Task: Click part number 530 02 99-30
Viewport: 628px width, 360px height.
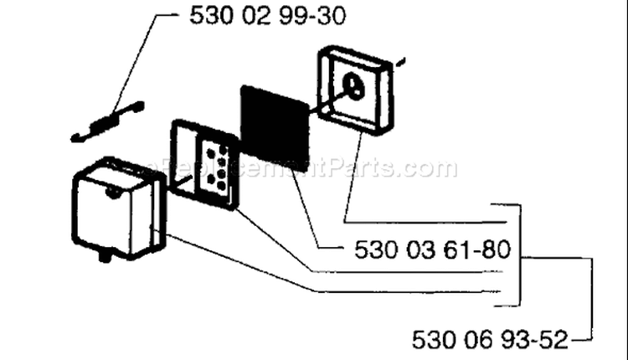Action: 267,17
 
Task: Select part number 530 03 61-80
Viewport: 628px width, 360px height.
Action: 433,249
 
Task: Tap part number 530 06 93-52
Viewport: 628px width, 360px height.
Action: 490,340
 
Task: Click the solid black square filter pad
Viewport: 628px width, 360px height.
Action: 275,127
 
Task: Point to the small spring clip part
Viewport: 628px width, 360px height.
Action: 107,121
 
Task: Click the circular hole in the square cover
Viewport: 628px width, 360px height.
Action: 354,85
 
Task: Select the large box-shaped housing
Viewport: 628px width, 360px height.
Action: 119,208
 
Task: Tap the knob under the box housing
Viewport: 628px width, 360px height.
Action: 105,255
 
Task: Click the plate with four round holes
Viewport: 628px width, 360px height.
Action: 204,165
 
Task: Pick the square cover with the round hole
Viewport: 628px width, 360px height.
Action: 356,91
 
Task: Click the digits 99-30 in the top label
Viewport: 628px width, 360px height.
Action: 311,17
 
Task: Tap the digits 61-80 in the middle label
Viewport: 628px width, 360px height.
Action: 477,249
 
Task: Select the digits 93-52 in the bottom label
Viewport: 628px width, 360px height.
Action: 535,340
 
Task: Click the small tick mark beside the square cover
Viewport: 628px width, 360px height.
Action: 400,62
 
